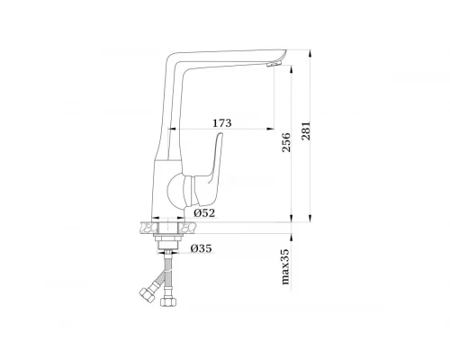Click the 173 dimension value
[x=222, y=123]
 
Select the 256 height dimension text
[x=286, y=142]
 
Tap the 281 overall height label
[x=306, y=131]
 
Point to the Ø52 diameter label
[x=204, y=213]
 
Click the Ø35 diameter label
[x=201, y=248]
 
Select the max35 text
[x=286, y=266]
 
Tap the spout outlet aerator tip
[x=274, y=64]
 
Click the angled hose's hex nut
[x=148, y=295]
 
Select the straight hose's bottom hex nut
[x=168, y=301]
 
